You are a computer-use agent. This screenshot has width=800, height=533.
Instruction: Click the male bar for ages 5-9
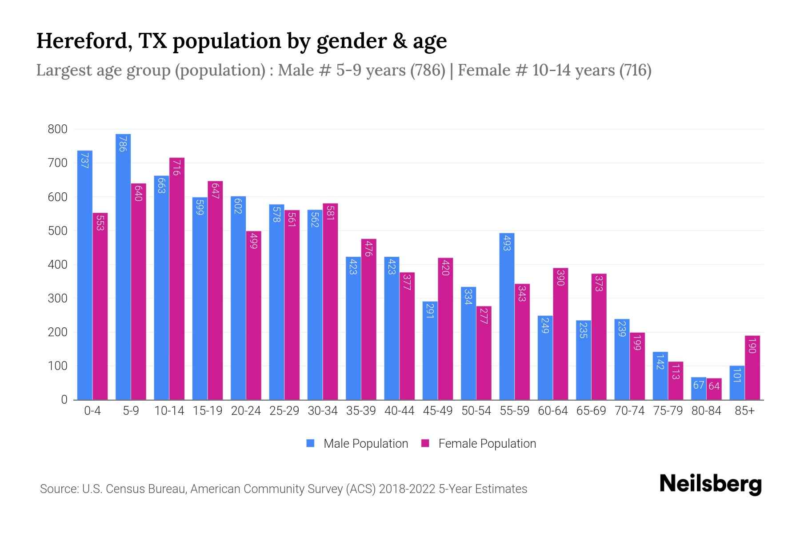[x=123, y=266]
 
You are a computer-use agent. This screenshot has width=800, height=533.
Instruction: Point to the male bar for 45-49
[x=430, y=351]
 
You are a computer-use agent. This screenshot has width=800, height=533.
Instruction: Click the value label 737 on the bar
[x=84, y=160]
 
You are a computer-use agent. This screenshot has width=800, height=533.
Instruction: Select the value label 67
[x=699, y=385]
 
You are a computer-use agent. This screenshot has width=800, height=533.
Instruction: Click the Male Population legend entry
[x=358, y=443]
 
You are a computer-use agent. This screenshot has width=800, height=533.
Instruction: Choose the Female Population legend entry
[x=479, y=443]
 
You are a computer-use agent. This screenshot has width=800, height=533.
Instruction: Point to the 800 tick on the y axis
[x=57, y=129]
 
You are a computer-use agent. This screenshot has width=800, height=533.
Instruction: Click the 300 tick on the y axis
[x=57, y=298]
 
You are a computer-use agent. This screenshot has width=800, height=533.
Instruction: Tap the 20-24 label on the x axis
[x=246, y=411]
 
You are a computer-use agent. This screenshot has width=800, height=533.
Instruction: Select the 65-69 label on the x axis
[x=591, y=411]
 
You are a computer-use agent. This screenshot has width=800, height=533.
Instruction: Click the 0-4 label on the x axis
[x=92, y=411]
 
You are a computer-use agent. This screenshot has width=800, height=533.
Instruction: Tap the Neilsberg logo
[x=710, y=484]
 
